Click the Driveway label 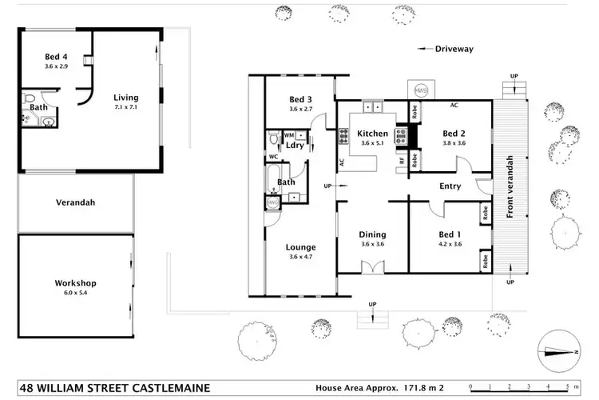[x=454, y=49]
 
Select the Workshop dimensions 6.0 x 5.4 [x=76, y=294]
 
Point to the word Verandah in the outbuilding [x=76, y=202]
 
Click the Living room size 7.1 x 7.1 [x=126, y=106]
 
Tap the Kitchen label [x=372, y=134]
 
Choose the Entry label [x=450, y=187]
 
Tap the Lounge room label [x=300, y=247]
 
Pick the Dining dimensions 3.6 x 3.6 [x=372, y=244]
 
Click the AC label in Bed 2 [x=454, y=105]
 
